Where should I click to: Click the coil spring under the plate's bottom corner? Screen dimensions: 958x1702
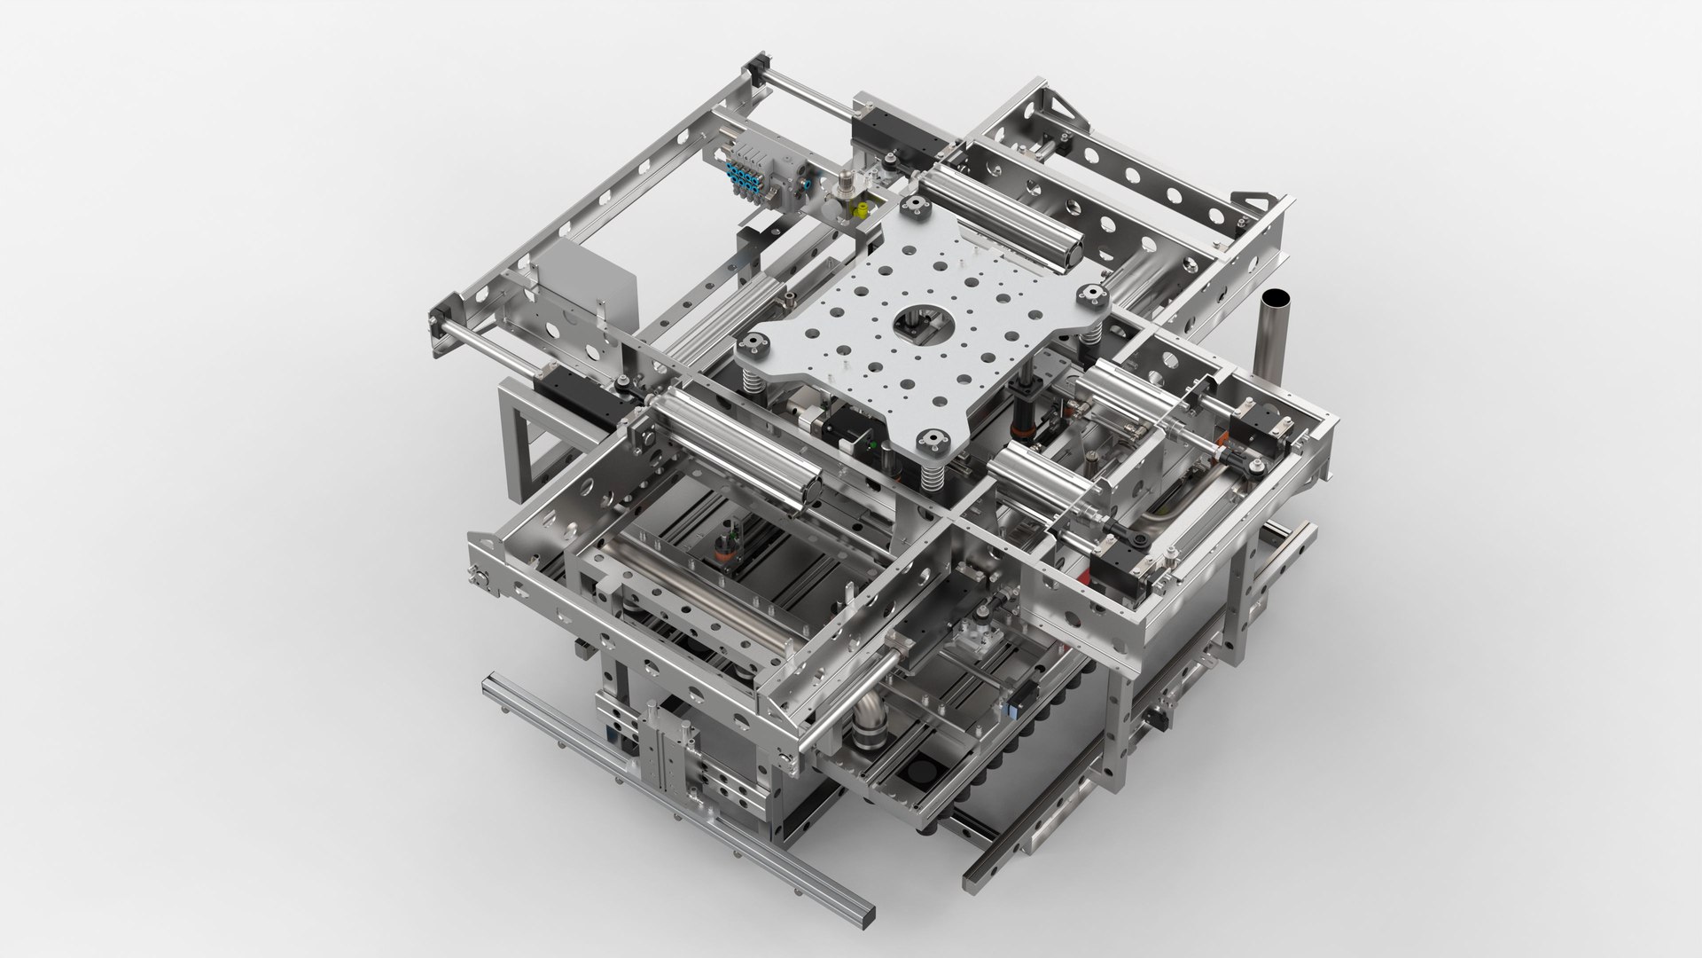(x=931, y=483)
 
